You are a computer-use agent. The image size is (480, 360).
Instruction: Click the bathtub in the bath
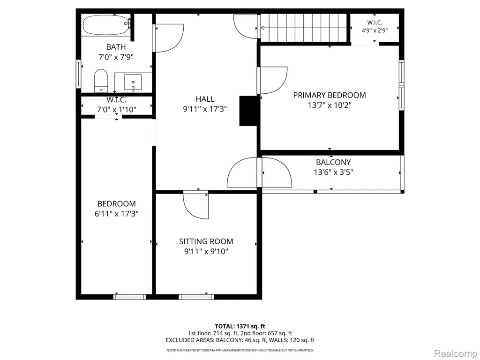106,25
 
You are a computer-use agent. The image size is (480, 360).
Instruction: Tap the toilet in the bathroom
101,81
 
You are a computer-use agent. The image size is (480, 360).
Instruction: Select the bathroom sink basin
133,82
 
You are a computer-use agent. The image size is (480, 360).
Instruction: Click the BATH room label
116,47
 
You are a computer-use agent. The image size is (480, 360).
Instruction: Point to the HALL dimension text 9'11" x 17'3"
205,109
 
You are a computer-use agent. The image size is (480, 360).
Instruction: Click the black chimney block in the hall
248,111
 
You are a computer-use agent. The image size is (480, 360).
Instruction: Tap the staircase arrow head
262,28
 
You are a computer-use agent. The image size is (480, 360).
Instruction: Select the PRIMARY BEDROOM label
330,95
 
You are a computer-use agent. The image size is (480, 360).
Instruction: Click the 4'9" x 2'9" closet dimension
375,30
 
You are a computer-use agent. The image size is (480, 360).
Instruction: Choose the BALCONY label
333,162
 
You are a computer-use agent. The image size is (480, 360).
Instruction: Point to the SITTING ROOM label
206,241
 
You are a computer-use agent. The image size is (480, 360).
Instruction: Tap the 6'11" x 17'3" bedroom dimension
117,214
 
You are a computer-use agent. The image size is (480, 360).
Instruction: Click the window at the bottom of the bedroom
129,297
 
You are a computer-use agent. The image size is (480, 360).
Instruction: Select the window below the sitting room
196,297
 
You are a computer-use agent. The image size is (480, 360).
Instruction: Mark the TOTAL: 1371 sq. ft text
240,326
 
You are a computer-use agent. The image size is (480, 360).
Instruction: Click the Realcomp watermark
455,353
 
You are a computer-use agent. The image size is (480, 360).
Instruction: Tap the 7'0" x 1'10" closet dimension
117,109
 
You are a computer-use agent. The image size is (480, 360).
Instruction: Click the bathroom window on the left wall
78,74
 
